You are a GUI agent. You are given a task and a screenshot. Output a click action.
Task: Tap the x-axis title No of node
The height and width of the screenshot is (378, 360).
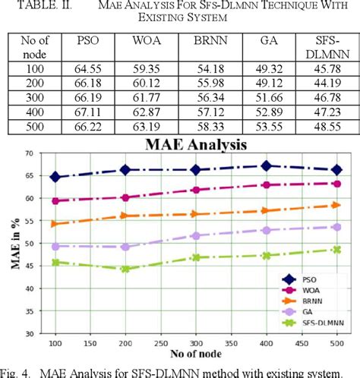tap(208, 359)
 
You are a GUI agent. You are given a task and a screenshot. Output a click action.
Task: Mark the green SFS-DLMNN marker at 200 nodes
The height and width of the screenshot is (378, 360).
tap(125, 269)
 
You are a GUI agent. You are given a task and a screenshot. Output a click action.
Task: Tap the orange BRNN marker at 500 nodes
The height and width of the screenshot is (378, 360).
tap(336, 205)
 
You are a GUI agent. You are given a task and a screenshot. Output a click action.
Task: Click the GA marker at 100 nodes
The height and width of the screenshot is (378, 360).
tap(77, 246)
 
